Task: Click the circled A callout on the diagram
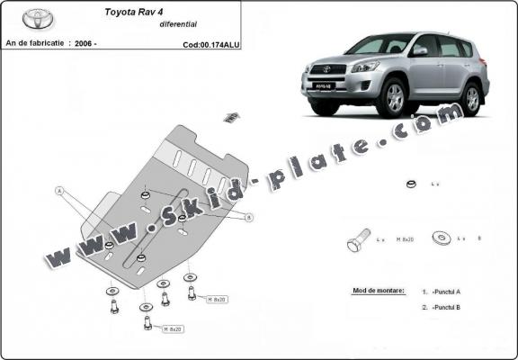(59, 191)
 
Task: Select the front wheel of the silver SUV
(395, 100)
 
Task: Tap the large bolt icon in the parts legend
(356, 242)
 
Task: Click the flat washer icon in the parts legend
(442, 238)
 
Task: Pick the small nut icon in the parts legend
(409, 184)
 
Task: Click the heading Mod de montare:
(375, 292)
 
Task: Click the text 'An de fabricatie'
(36, 42)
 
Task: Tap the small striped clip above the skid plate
(230, 116)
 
